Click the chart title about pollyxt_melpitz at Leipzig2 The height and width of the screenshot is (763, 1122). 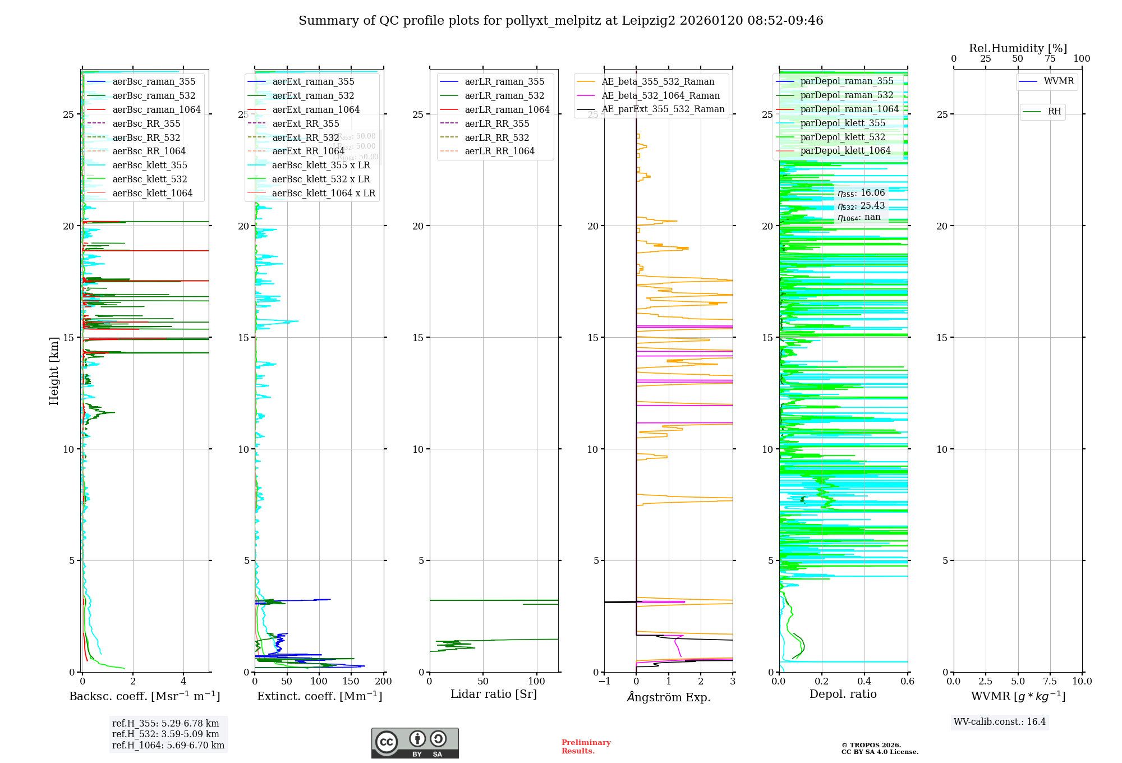click(x=560, y=21)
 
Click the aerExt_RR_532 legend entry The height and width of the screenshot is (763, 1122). click(x=305, y=137)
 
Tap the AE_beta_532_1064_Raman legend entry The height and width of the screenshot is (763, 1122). click(x=660, y=95)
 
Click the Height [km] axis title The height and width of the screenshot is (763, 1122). click(x=54, y=371)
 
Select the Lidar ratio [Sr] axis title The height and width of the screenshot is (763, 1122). click(x=494, y=694)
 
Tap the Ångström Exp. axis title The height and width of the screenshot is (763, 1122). click(x=669, y=697)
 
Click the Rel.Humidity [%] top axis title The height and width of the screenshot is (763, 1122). click(x=1018, y=48)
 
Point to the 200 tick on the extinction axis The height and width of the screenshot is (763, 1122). click(x=384, y=682)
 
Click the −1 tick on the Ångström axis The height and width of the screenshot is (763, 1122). click(x=604, y=682)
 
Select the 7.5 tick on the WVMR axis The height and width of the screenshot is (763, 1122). click(x=1050, y=682)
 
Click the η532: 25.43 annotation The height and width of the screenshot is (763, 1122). click(x=861, y=206)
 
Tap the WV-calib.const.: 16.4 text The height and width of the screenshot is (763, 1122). click(x=1000, y=721)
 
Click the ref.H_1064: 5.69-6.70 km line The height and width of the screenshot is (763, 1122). click(x=168, y=746)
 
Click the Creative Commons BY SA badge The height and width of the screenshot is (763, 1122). click(x=415, y=743)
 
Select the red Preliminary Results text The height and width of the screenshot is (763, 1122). click(x=586, y=747)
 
